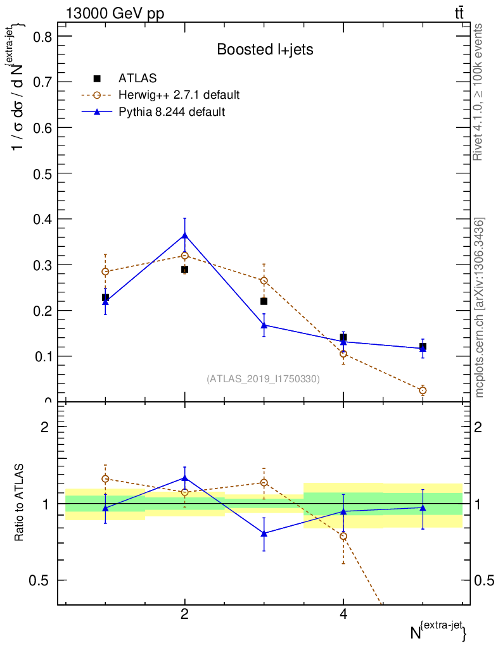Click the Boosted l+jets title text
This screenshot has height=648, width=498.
click(265, 49)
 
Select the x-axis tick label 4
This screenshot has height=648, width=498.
click(343, 614)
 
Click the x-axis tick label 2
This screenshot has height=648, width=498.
click(184, 614)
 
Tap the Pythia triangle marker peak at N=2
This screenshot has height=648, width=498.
click(184, 235)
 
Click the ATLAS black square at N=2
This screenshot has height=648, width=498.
click(184, 270)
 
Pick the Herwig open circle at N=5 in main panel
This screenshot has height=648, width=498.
click(423, 390)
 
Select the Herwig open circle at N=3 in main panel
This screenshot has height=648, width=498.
click(264, 280)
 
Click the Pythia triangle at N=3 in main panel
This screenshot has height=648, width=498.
click(264, 325)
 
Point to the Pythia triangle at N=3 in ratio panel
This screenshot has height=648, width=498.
click(264, 533)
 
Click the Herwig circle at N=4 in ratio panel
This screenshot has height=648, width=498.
click(343, 536)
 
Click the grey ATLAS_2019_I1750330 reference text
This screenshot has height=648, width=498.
click(263, 379)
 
